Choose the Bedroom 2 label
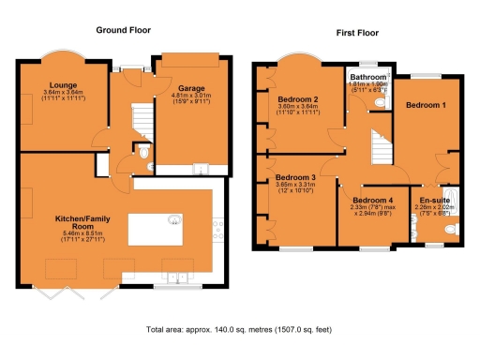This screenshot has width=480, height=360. point(297,98)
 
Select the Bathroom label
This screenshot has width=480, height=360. point(368,76)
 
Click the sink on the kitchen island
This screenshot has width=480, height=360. point(174,221)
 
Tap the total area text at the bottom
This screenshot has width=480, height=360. point(240,330)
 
